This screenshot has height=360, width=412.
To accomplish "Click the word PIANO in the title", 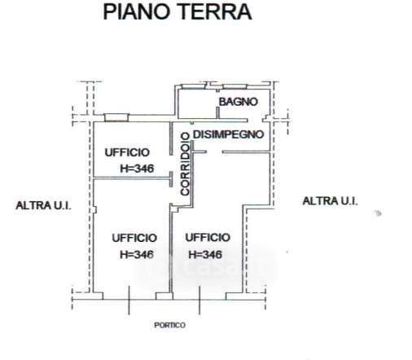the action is coord(138,12).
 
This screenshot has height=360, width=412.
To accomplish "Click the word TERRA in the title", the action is coord(216,12).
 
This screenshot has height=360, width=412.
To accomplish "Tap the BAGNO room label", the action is coord(239,102).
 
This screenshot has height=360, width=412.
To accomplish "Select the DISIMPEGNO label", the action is coord(228,134).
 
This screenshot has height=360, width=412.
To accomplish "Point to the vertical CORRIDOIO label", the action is coord(185,164).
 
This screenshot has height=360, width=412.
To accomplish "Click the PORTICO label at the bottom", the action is coord(170,325).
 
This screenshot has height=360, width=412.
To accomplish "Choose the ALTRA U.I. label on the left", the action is coord(43,205).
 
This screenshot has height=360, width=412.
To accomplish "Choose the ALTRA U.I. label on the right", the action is coord(330,201).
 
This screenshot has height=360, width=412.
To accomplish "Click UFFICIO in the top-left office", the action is coord(127,152).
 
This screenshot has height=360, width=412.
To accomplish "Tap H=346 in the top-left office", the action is coord(137,169).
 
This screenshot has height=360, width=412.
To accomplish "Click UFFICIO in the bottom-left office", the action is coord(134,238).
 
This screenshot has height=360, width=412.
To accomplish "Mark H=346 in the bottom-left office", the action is coord(137,254).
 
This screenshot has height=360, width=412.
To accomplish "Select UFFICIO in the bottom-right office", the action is coord(208,238).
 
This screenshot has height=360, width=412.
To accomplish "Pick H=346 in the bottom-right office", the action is coord(205,254).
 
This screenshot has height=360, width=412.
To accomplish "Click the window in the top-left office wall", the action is coord(116,117).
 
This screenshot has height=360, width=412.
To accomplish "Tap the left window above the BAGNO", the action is coord(194,86).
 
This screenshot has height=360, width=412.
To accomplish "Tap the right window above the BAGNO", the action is coord(234,86).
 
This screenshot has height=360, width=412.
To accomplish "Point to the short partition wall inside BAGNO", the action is coord(217,112).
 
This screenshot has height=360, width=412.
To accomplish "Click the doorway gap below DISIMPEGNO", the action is coord(214,151).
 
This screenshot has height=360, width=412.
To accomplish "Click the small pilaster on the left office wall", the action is coord(94,209).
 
